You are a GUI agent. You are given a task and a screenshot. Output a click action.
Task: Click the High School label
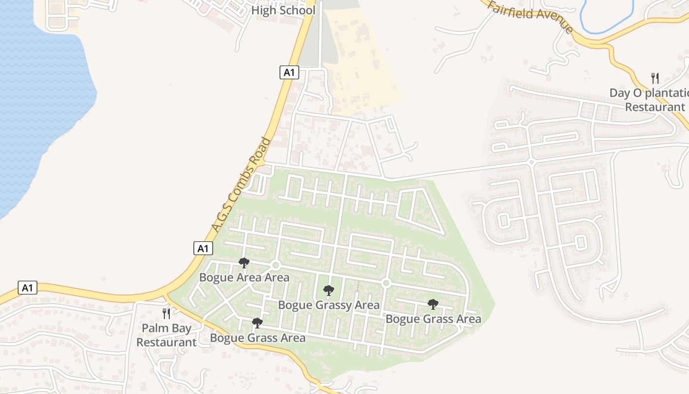click(283, 10)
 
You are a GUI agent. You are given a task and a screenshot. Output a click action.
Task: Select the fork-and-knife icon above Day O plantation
click(655, 78)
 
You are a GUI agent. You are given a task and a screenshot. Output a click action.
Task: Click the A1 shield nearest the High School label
click(289, 72)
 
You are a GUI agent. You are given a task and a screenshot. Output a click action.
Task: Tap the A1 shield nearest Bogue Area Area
click(203, 248)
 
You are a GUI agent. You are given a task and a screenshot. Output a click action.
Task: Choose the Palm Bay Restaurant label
click(166, 335)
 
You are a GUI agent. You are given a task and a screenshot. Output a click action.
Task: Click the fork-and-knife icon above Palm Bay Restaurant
click(166, 313)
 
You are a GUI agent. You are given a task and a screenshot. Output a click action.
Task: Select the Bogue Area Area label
click(244, 277)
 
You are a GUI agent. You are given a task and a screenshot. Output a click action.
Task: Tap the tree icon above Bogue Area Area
click(244, 263)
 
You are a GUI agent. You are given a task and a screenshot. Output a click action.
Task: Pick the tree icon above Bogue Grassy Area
click(328, 290)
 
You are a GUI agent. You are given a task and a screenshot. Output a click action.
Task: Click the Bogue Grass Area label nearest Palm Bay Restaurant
click(257, 338)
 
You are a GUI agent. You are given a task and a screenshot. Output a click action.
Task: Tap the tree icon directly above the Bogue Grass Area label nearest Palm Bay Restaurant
click(257, 323)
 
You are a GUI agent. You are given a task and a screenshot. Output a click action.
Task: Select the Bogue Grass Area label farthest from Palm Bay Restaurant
click(433, 319)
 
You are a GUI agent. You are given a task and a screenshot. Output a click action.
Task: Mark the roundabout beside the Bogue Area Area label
click(276, 265)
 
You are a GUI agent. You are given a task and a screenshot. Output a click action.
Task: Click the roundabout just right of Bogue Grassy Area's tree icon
click(386, 283)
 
